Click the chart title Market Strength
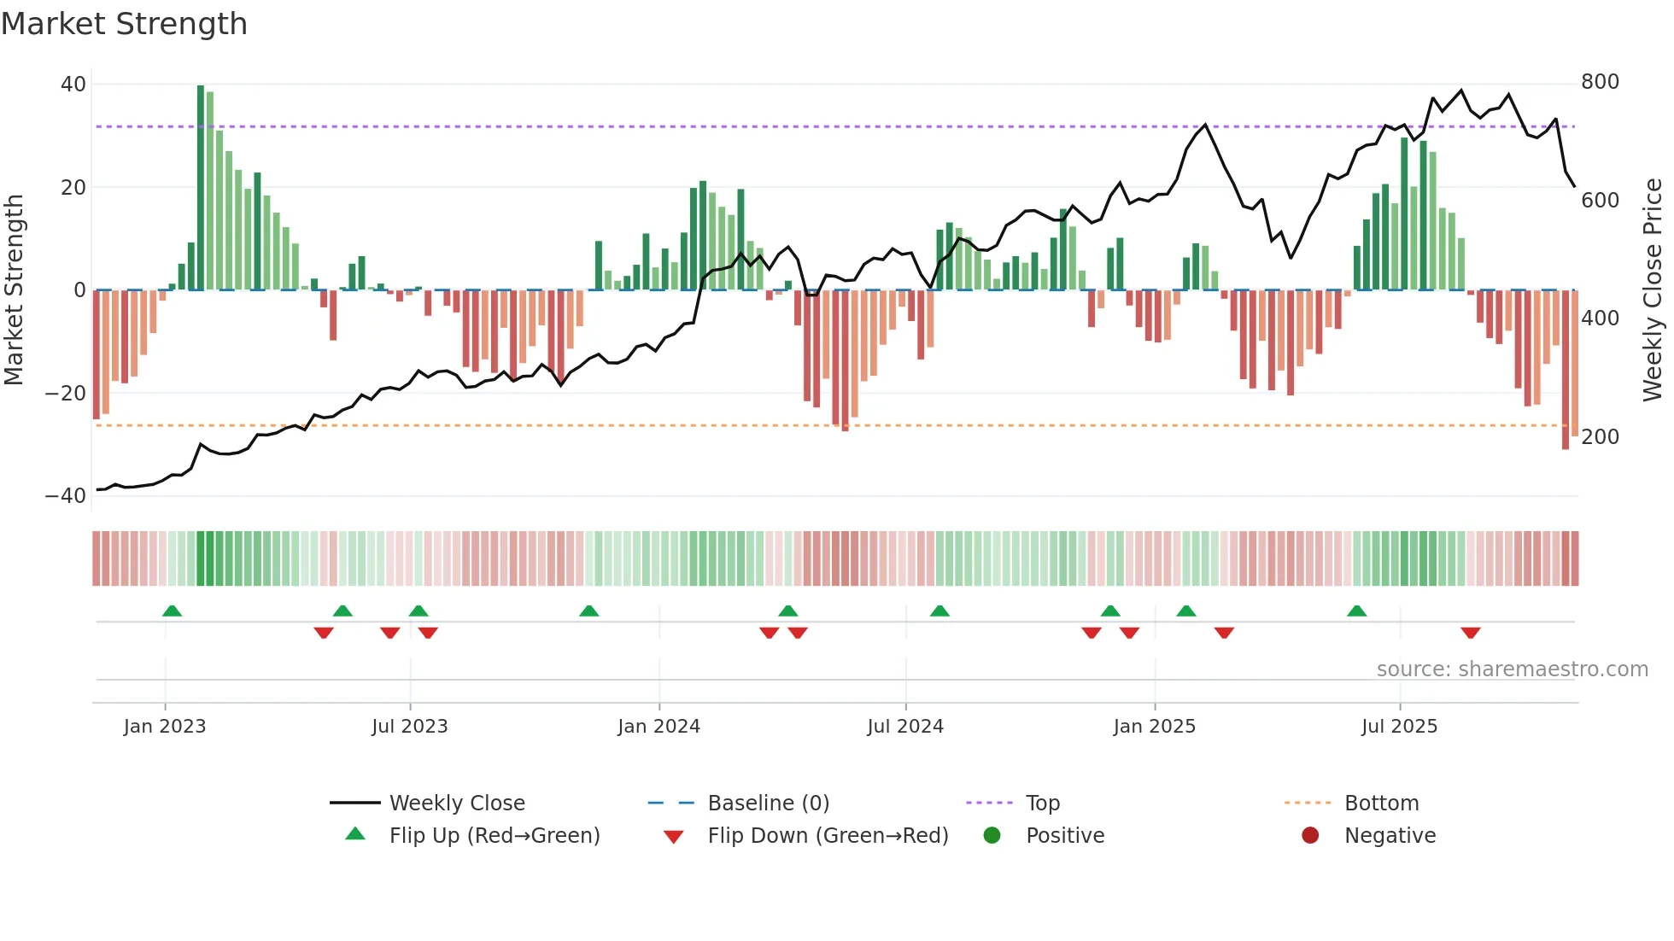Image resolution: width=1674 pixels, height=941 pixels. pos(124,24)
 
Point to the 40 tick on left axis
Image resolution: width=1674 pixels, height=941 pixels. pos(73,85)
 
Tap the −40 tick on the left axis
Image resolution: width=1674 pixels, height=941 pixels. pos(66,496)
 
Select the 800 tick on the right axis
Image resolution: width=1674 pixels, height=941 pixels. pos(1600,82)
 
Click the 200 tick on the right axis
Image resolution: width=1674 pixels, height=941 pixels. pos(1600,437)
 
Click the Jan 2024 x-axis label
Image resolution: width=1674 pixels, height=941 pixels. pos(658,727)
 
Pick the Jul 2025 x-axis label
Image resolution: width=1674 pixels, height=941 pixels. pos(1399,727)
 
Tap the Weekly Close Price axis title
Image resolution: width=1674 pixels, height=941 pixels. pos(1653,290)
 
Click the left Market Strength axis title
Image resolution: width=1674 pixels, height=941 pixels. pos(15,290)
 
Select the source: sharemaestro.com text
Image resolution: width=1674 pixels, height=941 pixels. pos(1512,669)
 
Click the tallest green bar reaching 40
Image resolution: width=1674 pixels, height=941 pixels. pos(201,188)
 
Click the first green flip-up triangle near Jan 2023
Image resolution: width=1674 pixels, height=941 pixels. pos(172,611)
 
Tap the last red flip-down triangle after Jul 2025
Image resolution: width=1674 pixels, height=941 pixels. pos(1470,633)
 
